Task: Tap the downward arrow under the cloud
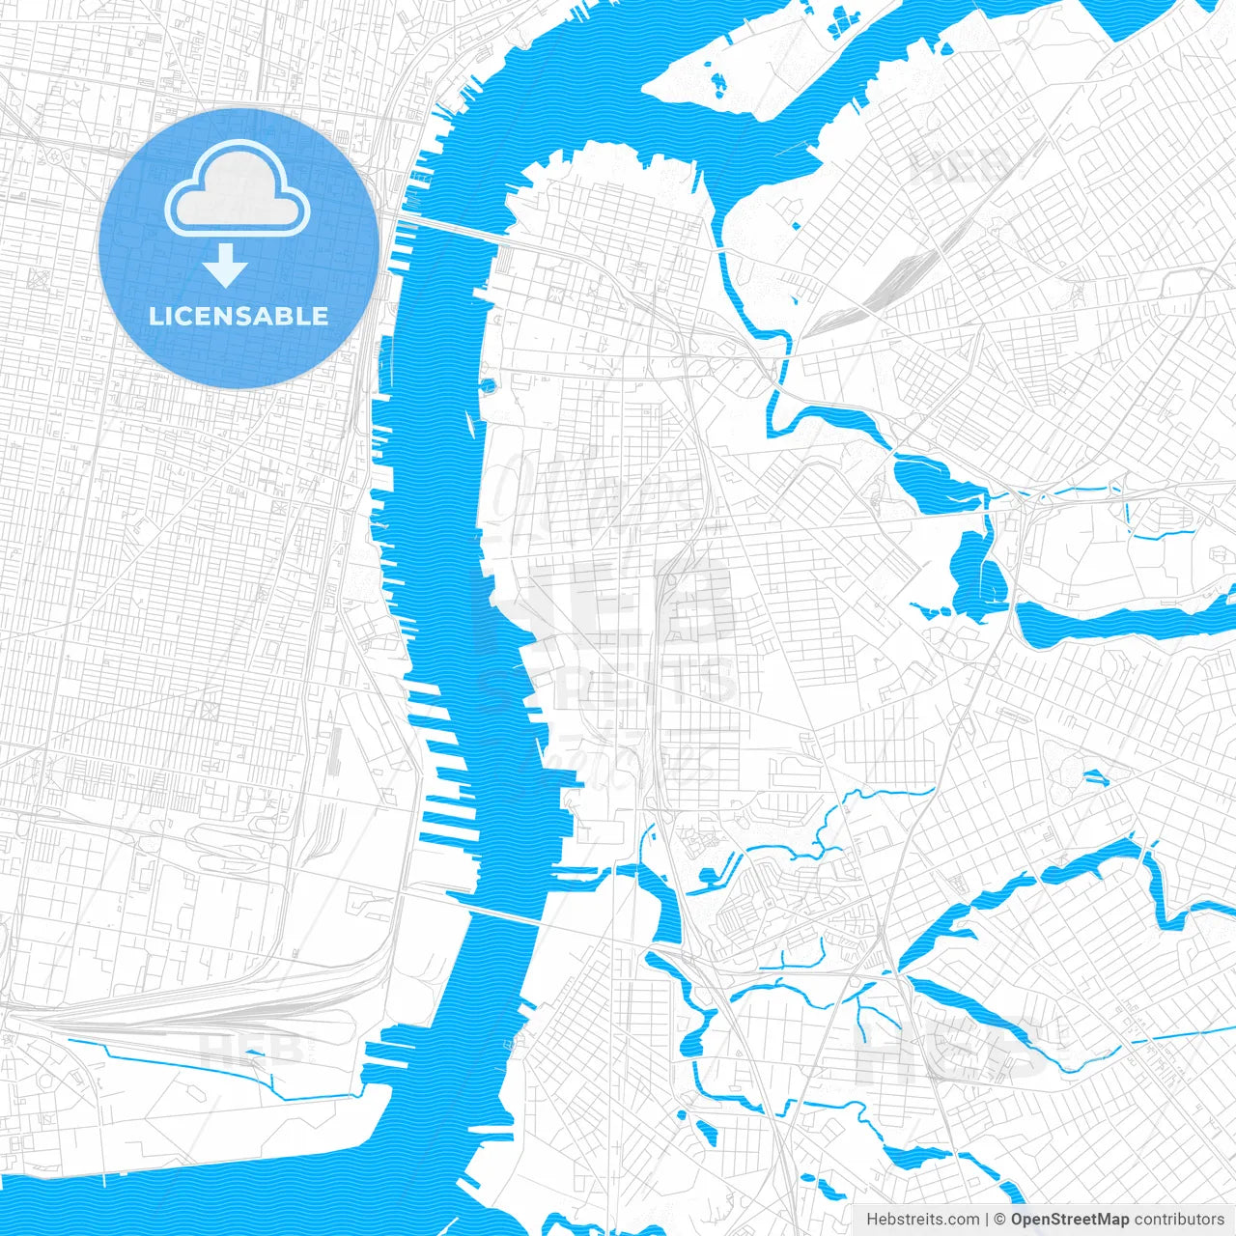[x=226, y=267]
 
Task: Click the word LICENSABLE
[x=239, y=316]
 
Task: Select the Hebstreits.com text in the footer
[x=922, y=1220]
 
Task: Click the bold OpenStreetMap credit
[x=1069, y=1220]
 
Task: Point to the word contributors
[x=1178, y=1220]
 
